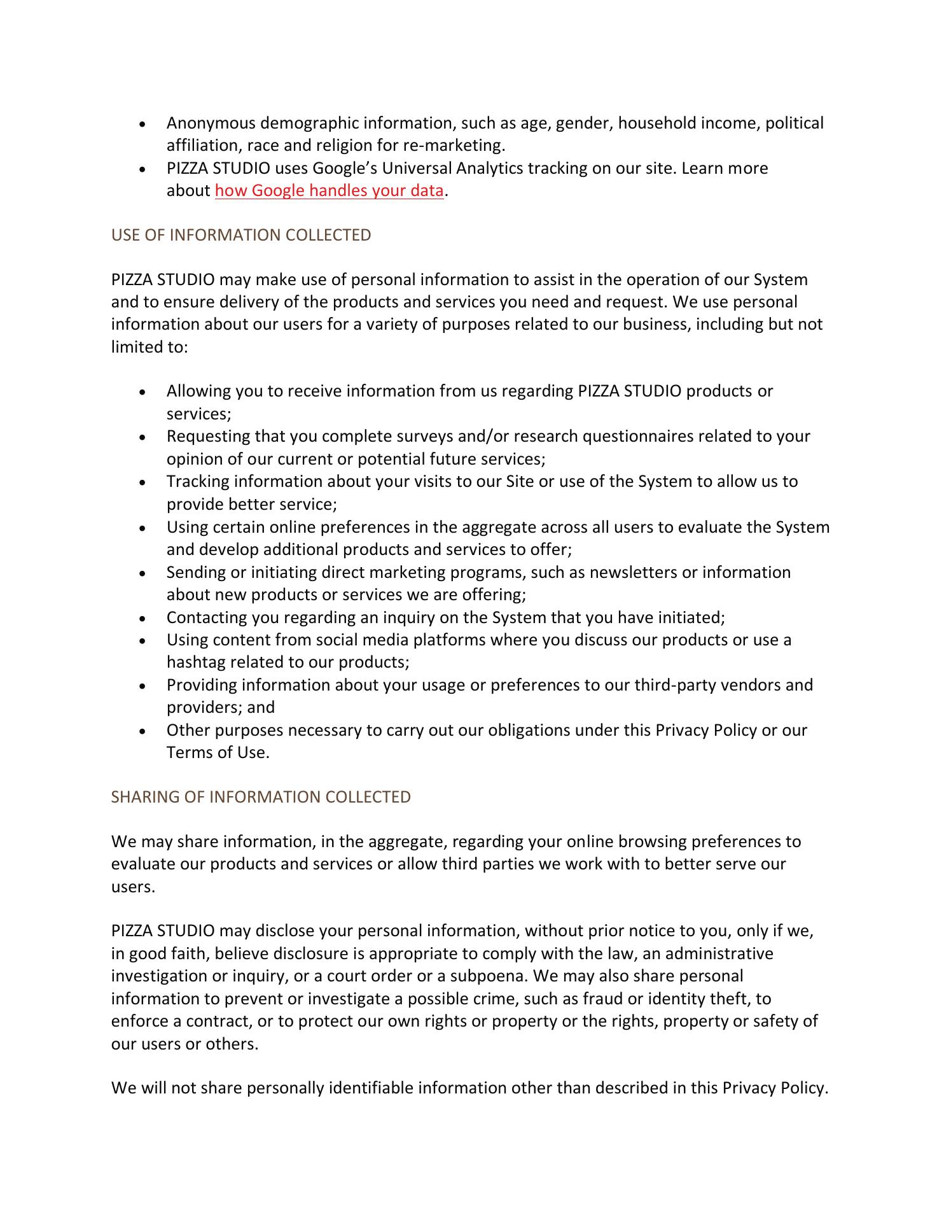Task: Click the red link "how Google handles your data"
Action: (329, 191)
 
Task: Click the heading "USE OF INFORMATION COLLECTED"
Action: (241, 235)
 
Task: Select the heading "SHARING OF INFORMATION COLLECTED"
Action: (261, 797)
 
